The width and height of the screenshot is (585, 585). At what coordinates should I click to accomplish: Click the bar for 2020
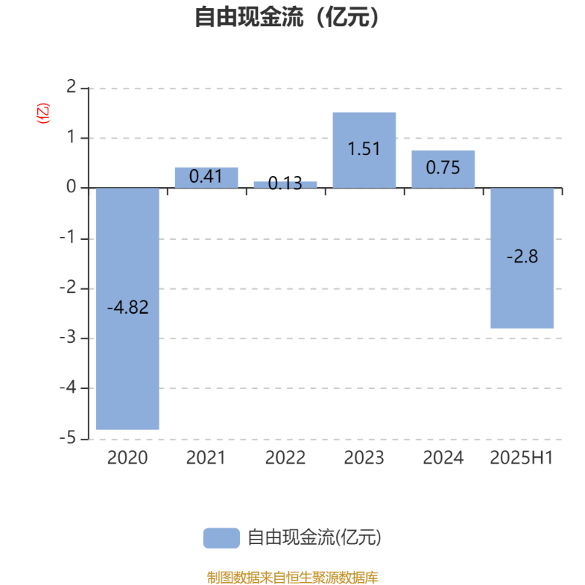point(127,309)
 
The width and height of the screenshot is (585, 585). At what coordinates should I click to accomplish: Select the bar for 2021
point(206,178)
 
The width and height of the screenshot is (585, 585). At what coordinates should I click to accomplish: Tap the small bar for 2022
point(285,185)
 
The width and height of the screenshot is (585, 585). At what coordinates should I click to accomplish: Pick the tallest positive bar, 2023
point(364,150)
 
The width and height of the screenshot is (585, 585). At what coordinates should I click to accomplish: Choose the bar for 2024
point(443,169)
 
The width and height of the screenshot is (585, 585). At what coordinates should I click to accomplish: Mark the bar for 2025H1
point(522,258)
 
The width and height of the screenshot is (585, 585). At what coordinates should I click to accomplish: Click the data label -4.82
point(127,307)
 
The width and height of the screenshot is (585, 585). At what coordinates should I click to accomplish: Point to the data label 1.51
point(363,149)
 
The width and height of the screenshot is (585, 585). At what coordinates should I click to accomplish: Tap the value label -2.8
point(522,257)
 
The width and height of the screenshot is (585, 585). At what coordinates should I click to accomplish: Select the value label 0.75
point(443,167)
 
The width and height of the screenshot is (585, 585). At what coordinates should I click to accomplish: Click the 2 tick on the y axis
point(71,87)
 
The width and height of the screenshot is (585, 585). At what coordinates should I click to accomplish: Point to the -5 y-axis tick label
point(67,438)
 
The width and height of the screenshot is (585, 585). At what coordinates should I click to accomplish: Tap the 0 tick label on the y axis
point(71,186)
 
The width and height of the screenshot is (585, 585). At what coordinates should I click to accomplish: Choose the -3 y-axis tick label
point(67,338)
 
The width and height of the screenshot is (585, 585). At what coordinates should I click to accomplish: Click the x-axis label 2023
point(364,458)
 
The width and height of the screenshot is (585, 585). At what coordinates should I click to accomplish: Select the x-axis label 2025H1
point(521,458)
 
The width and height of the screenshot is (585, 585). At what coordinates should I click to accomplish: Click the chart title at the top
point(287,17)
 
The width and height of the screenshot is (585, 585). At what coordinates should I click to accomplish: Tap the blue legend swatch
point(222,538)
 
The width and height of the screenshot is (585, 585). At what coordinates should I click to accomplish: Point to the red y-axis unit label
point(43,113)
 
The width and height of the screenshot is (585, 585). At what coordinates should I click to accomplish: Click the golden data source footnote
point(292,577)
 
